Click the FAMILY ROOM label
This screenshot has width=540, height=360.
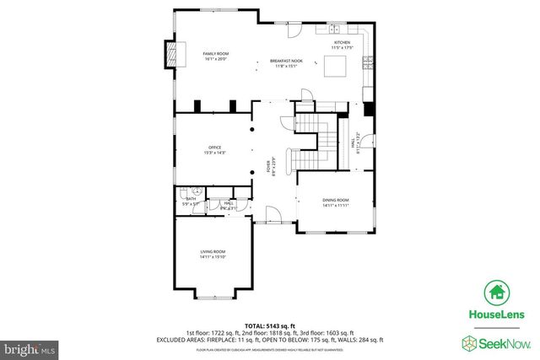216,54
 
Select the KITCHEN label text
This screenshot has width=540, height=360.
342,42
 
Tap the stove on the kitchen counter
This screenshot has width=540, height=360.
368,61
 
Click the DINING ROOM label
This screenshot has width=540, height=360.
335,200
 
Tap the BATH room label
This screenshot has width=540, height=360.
190,199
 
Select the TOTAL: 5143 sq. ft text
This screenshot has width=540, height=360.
267,325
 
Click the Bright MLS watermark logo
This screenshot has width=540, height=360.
30,347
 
